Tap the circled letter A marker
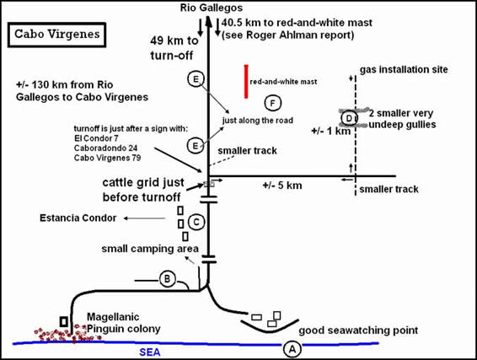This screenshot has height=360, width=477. (x=292, y=349)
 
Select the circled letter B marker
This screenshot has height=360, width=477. (x=168, y=278)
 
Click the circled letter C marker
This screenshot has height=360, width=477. (x=196, y=222)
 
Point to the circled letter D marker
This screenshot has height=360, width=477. (x=349, y=118)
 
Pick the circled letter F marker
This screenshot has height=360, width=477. (x=272, y=104)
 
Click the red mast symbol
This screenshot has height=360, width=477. (x=246, y=82)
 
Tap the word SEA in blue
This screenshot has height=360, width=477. (x=150, y=352)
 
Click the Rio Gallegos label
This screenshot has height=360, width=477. (x=212, y=8)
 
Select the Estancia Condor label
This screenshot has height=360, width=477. (x=78, y=218)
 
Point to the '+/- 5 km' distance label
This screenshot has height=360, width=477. (x=282, y=185)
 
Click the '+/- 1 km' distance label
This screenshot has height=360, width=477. (x=330, y=132)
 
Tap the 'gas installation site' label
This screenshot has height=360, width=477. (x=404, y=70)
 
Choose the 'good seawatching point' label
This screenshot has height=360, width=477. (x=358, y=330)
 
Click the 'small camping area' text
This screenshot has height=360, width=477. (x=150, y=249)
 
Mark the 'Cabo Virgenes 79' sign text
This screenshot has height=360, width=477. (x=107, y=158)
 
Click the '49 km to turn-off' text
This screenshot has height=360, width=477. (x=174, y=48)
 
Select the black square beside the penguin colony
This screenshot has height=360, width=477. (x=64, y=321)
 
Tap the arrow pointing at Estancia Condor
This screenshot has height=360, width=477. (x=144, y=218)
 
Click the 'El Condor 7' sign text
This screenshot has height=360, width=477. (x=96, y=138)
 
